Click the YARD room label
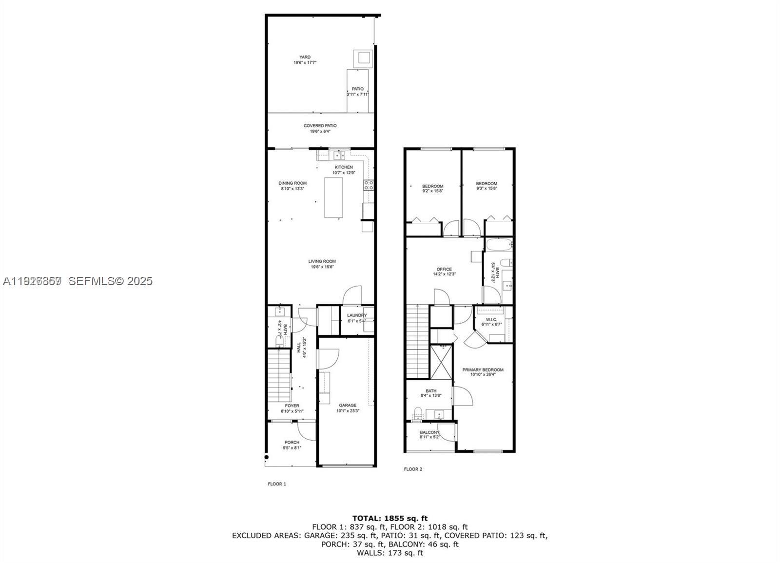coord(305,57)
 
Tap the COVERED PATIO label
coord(320,126)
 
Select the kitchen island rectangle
coord(333,197)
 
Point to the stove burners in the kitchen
coord(369,184)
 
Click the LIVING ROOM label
coord(322,261)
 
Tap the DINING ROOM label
coord(292,183)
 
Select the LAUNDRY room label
coord(356,315)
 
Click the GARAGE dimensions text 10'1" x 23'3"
coord(348,411)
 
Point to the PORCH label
coord(292,442)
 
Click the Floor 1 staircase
coord(279,377)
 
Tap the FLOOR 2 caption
coord(413,469)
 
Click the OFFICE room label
coord(444,269)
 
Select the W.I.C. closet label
coord(491,319)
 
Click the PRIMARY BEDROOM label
coord(483,370)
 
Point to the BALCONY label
coord(429,432)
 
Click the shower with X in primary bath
coord(441,362)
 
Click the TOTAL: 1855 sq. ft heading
coord(390,518)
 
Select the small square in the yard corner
coord(364,58)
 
